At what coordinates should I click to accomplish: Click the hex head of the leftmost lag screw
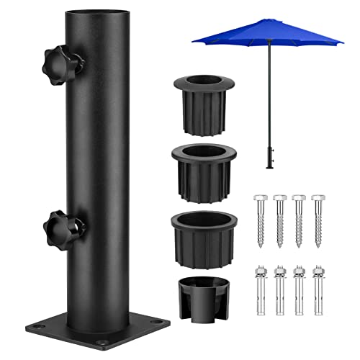[259, 197]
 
